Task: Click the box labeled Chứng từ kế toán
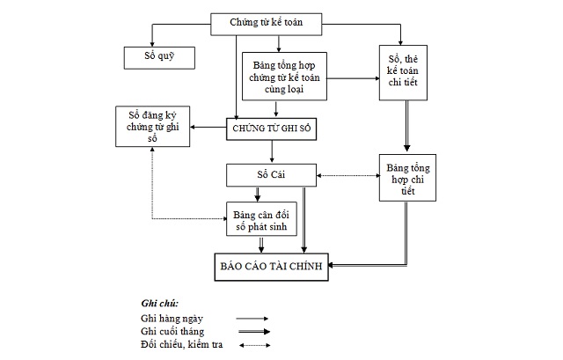266,23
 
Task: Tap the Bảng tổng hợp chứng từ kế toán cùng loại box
277,76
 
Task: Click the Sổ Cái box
266,174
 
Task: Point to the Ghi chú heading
159,303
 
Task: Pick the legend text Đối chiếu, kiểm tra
181,344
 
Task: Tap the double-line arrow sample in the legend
252,332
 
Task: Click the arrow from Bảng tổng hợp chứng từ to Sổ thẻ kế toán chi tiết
344,79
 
